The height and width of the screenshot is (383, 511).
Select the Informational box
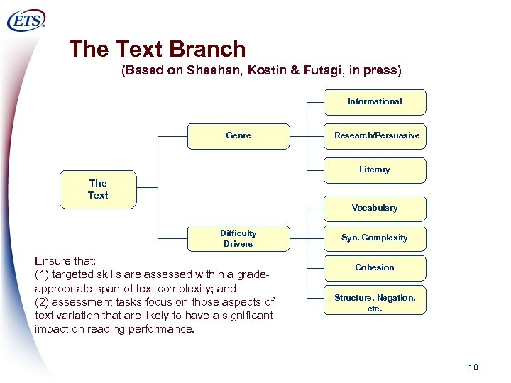[x=375, y=101]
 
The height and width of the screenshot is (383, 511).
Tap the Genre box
[x=238, y=135]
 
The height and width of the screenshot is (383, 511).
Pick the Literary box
[x=375, y=170]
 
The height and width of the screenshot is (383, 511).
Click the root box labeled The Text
[x=98, y=189]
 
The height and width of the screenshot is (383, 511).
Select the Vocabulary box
[x=375, y=208]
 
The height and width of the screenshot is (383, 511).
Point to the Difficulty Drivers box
[x=238, y=238]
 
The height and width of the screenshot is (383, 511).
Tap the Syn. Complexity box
[x=375, y=238]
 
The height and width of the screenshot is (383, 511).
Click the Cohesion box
[x=375, y=267]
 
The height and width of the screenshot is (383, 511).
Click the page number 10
[x=473, y=367]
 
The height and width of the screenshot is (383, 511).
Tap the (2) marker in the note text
[x=42, y=302]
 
